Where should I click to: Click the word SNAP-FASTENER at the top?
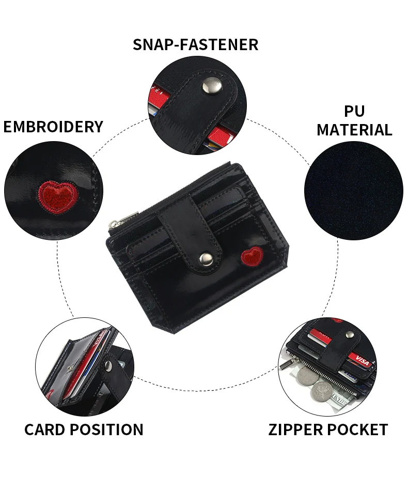point(195,44)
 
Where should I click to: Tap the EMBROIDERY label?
point(53,127)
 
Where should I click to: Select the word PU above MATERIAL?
point(354,111)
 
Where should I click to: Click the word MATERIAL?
point(354,130)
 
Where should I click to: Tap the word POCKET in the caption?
point(360,429)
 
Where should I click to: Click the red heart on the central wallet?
point(253,255)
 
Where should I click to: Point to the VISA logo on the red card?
point(363,362)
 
